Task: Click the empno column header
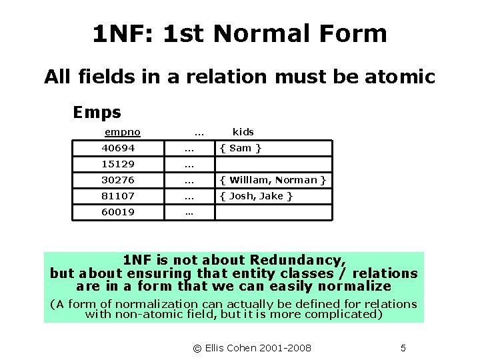click(x=122, y=132)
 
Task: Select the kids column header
click(x=243, y=132)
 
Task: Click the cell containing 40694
click(x=118, y=148)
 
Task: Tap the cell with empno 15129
click(x=118, y=164)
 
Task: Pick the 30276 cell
click(x=118, y=180)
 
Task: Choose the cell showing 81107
click(x=118, y=196)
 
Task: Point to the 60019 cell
click(x=118, y=212)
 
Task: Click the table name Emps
click(x=97, y=112)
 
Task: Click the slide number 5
click(x=403, y=348)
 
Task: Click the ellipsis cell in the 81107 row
click(x=189, y=196)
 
